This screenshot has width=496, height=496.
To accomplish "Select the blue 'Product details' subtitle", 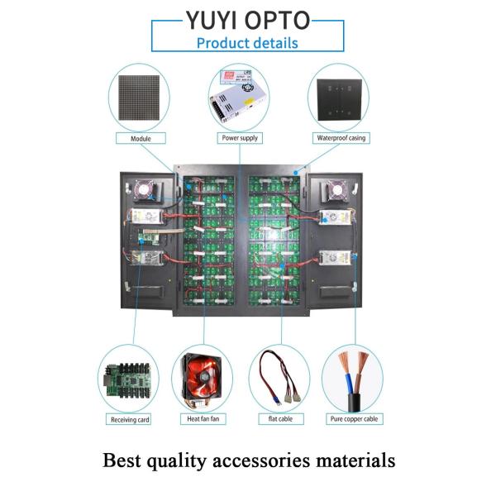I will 247,43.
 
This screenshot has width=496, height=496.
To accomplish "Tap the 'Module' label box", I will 141,138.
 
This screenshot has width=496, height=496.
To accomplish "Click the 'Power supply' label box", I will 240,138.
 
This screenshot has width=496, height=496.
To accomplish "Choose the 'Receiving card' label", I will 130,419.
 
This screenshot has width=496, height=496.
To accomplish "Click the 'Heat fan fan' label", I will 203,419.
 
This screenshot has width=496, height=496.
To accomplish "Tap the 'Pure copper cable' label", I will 353,419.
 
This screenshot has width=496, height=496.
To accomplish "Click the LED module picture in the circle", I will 141,97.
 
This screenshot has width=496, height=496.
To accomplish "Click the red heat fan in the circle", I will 202,381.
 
